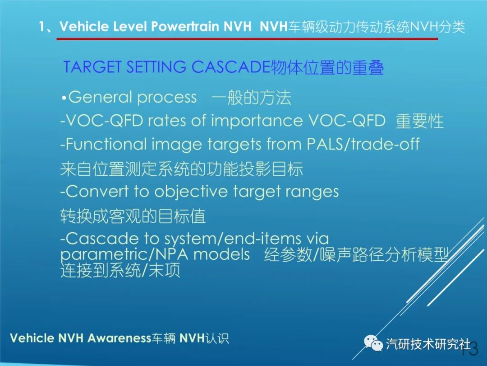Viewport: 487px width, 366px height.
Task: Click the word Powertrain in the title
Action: tap(185, 27)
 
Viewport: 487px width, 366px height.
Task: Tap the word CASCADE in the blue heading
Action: tap(230, 67)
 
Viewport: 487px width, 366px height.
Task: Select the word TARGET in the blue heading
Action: tap(92, 67)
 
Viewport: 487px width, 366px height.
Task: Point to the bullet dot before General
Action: tap(64, 99)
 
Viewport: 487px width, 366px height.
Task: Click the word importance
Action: tap(257, 122)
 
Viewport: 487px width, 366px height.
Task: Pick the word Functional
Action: tap(106, 145)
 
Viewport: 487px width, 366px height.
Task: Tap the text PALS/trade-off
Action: tap(363, 145)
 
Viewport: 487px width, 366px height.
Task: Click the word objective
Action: tap(191, 192)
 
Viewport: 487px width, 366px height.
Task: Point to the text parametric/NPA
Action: tap(124, 255)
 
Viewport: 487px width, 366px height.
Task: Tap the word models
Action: tap(221, 254)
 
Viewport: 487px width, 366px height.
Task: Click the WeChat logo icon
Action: tap(373, 343)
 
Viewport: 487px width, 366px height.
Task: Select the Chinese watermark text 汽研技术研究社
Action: tap(428, 344)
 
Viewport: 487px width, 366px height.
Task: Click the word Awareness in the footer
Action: tap(119, 338)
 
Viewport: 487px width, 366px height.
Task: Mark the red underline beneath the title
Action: tap(247, 39)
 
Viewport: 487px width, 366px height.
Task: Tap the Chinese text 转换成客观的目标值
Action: tap(133, 216)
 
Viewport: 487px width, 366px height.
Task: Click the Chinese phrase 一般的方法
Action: tap(251, 98)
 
